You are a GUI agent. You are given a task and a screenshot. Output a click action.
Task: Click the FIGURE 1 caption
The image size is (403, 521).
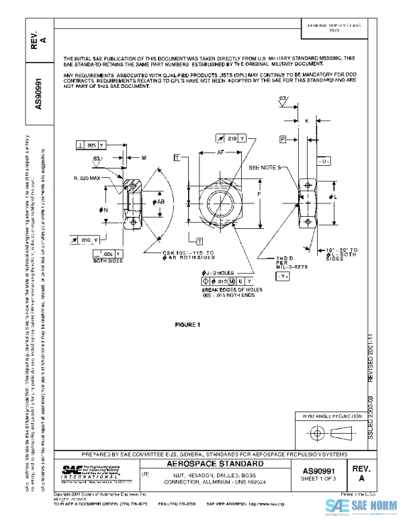[188, 325]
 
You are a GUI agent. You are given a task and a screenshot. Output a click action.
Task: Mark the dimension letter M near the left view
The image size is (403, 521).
[144, 158]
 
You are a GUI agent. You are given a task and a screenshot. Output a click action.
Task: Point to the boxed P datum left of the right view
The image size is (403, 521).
[283, 138]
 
